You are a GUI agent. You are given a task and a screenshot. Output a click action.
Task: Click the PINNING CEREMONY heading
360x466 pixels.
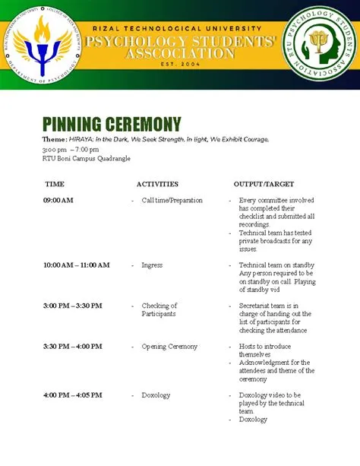(112, 124)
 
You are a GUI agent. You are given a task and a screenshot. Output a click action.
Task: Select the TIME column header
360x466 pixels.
(55, 184)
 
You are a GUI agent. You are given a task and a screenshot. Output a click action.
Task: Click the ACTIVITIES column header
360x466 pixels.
(157, 184)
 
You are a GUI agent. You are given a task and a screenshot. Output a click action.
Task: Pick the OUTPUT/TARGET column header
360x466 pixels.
(264, 184)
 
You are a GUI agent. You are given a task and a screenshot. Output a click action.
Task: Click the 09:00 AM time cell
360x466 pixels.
(58, 201)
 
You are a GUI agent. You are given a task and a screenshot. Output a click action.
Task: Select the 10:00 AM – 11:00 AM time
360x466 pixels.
(77, 265)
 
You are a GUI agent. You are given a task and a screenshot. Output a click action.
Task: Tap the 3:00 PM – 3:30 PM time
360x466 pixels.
(72, 306)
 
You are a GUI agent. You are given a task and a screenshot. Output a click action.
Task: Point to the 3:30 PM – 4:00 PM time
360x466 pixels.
(72, 347)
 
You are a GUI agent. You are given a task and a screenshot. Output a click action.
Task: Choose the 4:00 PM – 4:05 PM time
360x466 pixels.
(72, 395)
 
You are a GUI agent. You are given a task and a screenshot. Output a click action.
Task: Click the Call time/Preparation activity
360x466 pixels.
(172, 201)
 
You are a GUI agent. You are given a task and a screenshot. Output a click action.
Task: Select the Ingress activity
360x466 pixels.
(152, 265)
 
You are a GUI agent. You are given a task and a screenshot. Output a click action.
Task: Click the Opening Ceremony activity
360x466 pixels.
(169, 347)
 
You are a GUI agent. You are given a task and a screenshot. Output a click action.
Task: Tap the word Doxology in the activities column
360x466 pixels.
(156, 395)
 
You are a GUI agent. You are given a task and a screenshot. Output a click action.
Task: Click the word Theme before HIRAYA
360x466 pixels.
(54, 140)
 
